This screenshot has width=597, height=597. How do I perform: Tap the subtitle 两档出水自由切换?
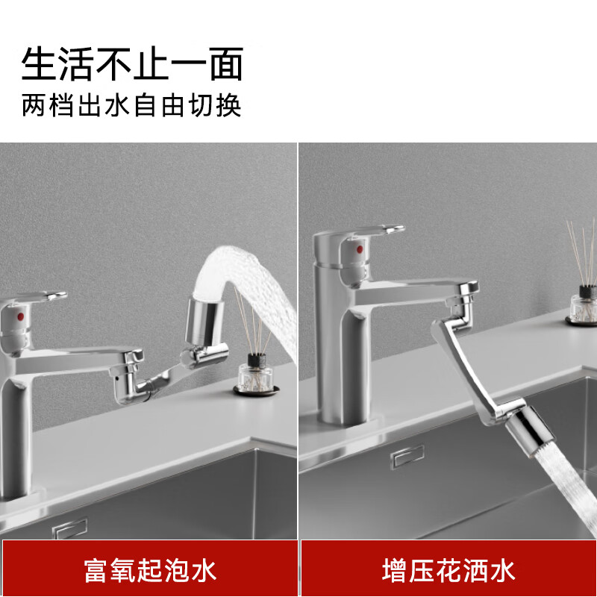coord(132,105)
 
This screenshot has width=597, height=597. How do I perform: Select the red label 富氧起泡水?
coord(149,571)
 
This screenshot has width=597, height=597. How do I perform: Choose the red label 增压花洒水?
coord(448,571)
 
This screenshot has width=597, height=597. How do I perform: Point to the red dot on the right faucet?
coord(360,249)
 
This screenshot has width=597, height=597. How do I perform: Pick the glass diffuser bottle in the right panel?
coord(582,307)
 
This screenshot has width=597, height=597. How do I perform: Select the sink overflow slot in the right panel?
coord(407,456)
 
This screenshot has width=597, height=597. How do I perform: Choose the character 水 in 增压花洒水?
coord(502,571)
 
